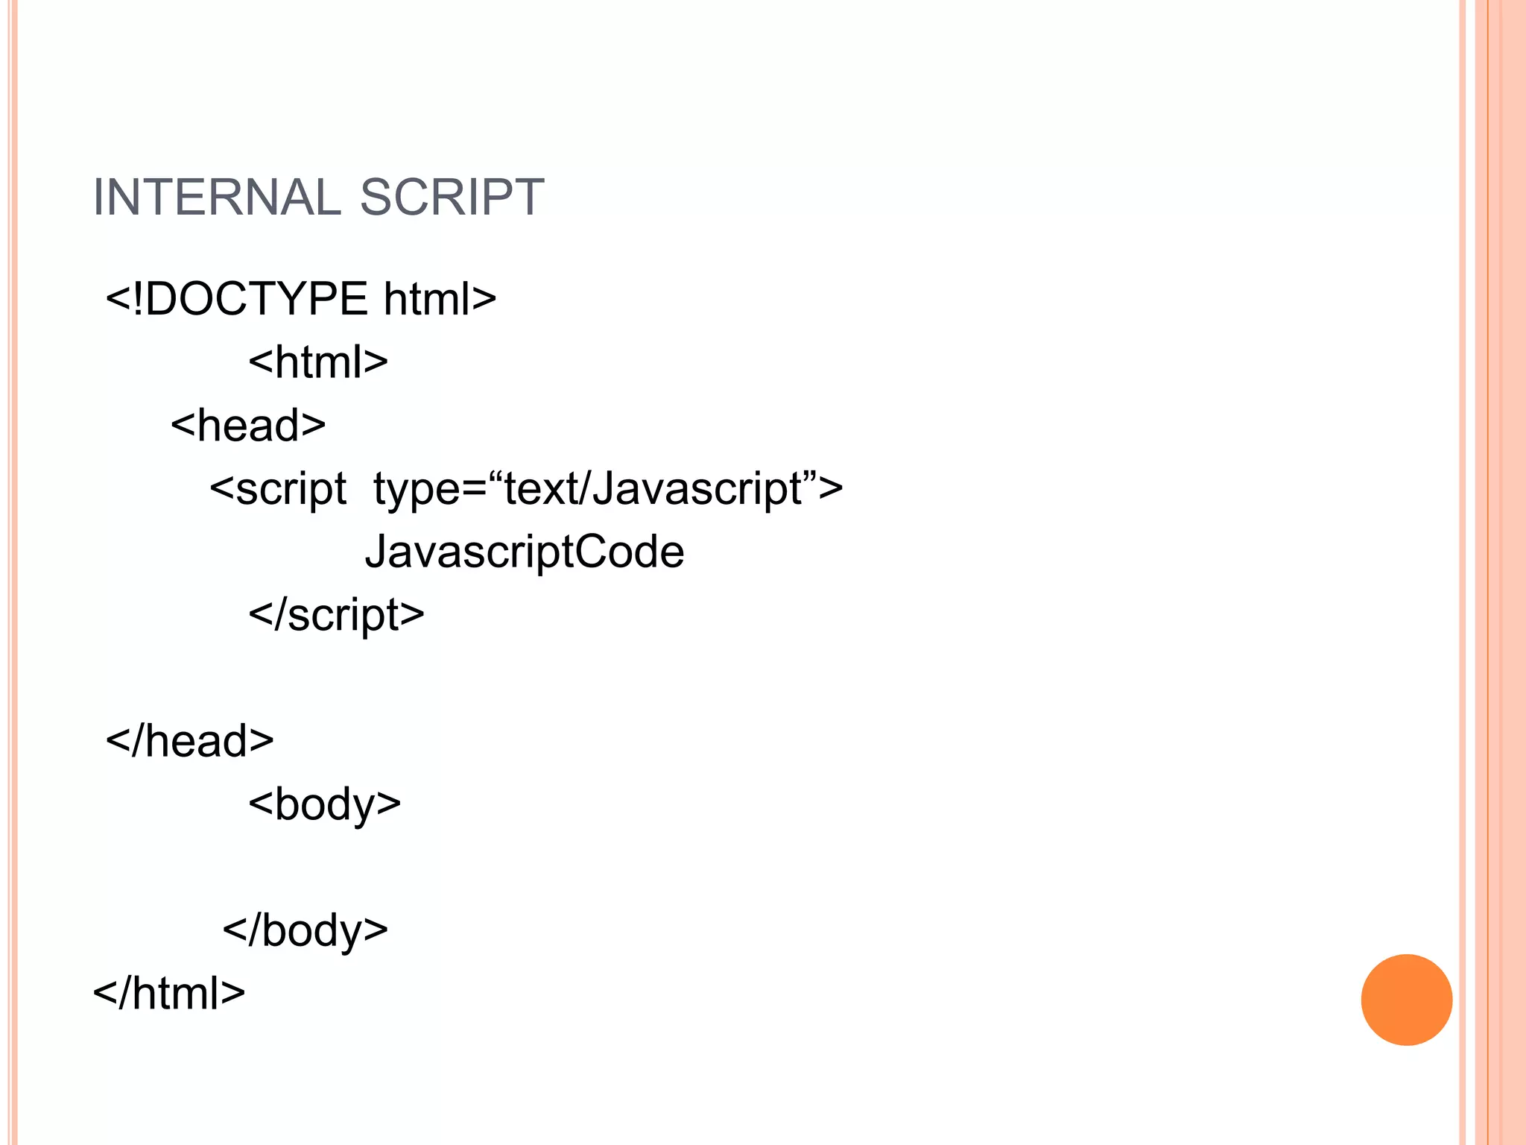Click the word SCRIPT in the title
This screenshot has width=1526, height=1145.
452,198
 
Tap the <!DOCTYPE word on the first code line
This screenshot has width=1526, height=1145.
237,299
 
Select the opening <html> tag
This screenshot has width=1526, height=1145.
318,362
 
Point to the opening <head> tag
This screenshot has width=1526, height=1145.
248,426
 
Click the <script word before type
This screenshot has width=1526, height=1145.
278,489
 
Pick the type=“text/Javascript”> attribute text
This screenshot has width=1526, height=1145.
608,489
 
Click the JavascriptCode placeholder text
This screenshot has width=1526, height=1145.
525,552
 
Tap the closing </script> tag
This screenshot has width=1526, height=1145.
336,615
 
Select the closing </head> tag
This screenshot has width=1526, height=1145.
190,742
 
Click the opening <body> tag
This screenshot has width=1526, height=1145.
325,805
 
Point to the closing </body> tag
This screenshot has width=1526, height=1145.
305,931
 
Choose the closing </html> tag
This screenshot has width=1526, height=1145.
169,994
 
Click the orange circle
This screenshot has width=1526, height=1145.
1406,1000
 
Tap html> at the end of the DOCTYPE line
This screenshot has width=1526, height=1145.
440,299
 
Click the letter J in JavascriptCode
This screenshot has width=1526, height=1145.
377,552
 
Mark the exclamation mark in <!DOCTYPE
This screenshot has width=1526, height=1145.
137,299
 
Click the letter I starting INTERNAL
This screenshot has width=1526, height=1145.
98,198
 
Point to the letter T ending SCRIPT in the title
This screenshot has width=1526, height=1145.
529,198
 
